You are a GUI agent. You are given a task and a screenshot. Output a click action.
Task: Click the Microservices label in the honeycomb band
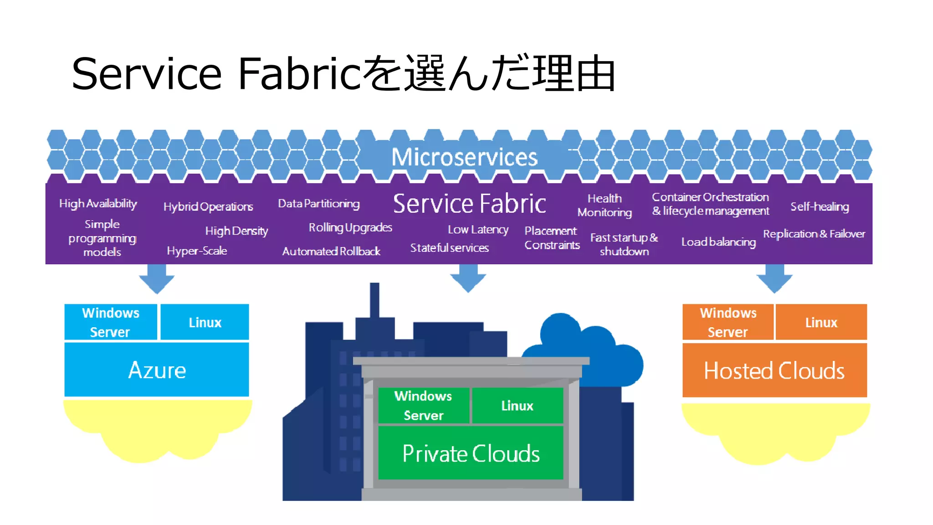pos(464,157)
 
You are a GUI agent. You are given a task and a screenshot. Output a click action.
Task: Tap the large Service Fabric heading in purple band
pos(469,204)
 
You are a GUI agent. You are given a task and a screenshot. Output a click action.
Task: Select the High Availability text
pos(98,203)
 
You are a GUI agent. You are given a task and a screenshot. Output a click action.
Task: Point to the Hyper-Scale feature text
pos(197,251)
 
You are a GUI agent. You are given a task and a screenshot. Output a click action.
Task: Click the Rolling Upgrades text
pos(350,227)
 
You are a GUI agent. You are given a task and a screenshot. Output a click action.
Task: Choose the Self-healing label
pos(820,206)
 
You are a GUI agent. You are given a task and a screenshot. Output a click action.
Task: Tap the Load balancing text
pos(718,242)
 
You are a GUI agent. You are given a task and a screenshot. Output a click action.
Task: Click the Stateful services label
pos(449,248)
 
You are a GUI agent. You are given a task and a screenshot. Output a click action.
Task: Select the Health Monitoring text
pos(605,205)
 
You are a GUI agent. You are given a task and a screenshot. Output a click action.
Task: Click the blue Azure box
pos(157,370)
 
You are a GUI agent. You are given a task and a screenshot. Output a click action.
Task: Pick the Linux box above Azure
pos(205,322)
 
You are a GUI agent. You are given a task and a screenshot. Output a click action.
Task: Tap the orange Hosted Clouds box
pos(774,371)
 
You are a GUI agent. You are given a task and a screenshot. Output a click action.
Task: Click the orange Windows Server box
pos(728,322)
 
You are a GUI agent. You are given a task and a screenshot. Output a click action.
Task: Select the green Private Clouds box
pos(471,453)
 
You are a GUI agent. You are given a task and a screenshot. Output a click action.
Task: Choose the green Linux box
pos(517,406)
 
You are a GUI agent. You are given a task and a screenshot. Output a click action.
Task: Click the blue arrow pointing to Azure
pos(157,278)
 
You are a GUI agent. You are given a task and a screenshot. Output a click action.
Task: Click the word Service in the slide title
pos(146,74)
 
